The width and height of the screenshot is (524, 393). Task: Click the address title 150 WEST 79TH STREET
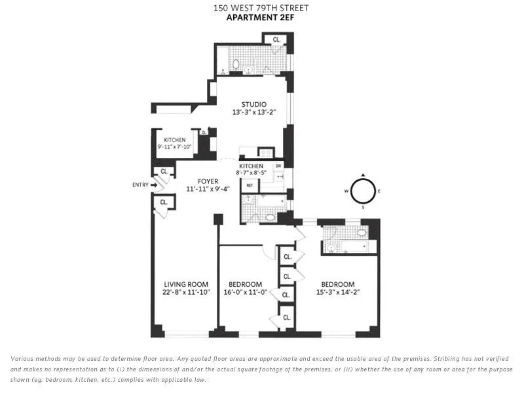coord(261,8)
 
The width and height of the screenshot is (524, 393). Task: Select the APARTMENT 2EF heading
coord(261,18)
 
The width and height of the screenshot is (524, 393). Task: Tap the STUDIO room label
coord(253,104)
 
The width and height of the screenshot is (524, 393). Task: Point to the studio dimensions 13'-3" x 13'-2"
coord(253,113)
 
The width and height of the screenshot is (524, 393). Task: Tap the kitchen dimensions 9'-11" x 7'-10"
coord(174,147)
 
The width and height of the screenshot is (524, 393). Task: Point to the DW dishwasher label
coord(277,166)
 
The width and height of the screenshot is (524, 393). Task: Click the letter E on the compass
coord(379,191)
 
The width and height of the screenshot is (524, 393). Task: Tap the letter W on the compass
coord(346,191)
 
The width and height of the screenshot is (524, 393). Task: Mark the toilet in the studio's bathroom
coord(235,66)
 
